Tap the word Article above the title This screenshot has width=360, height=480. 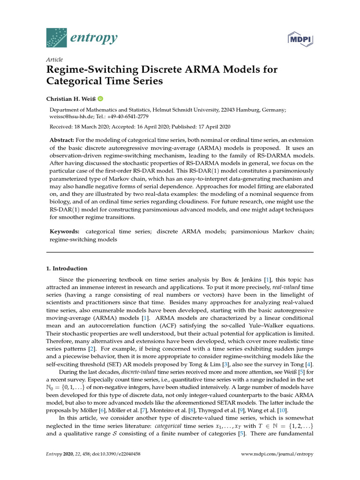coord(54,60)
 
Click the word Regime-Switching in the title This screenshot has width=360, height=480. coord(86,70)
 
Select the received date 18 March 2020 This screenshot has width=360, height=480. coord(97,127)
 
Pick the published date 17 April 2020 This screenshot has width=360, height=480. coord(213,127)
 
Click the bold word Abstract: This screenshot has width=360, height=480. coord(63,141)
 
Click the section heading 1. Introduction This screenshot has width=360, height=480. coord(67,269)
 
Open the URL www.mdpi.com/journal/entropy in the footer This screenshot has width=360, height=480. coord(277,454)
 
